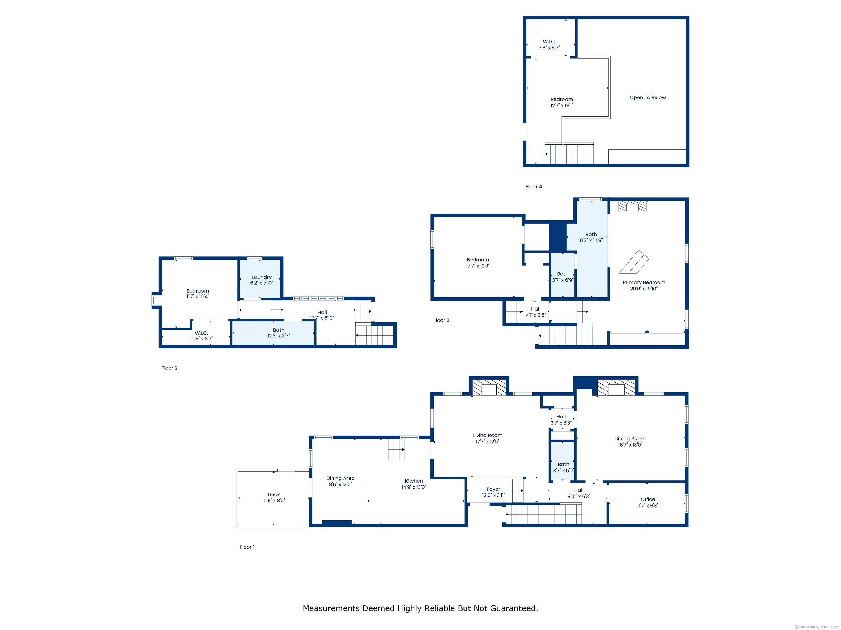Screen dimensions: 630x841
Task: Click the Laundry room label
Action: coord(261,277)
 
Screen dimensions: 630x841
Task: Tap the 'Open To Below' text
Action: coord(647,98)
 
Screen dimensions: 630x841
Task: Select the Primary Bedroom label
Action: coord(644,282)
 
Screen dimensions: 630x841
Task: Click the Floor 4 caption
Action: coord(533,187)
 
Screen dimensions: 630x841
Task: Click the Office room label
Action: coord(647,499)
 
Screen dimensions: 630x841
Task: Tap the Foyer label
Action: coord(493,489)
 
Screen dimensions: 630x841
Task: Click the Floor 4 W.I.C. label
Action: coord(549,42)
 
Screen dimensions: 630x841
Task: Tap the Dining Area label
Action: coord(340,478)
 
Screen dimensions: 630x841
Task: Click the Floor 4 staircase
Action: coord(569,154)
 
